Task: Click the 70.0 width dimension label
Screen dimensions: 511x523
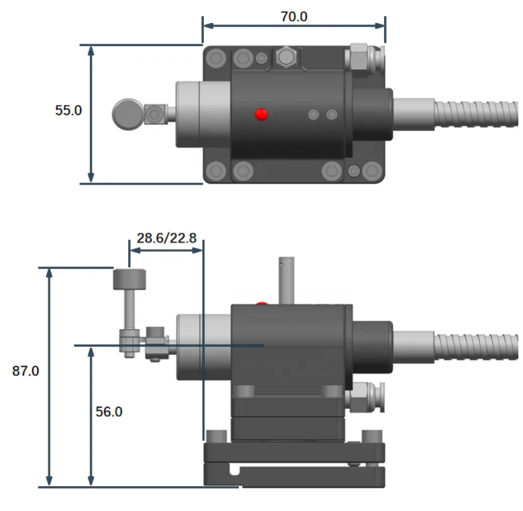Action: [294, 17]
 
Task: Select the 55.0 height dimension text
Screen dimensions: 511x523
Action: [68, 110]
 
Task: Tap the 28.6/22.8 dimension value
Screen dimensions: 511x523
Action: [167, 238]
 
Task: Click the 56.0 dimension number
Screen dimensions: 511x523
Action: [109, 411]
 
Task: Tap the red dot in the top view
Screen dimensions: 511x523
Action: [261, 114]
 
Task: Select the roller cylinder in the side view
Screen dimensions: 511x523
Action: [129, 279]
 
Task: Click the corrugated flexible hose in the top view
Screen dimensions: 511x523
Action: [477, 114]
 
